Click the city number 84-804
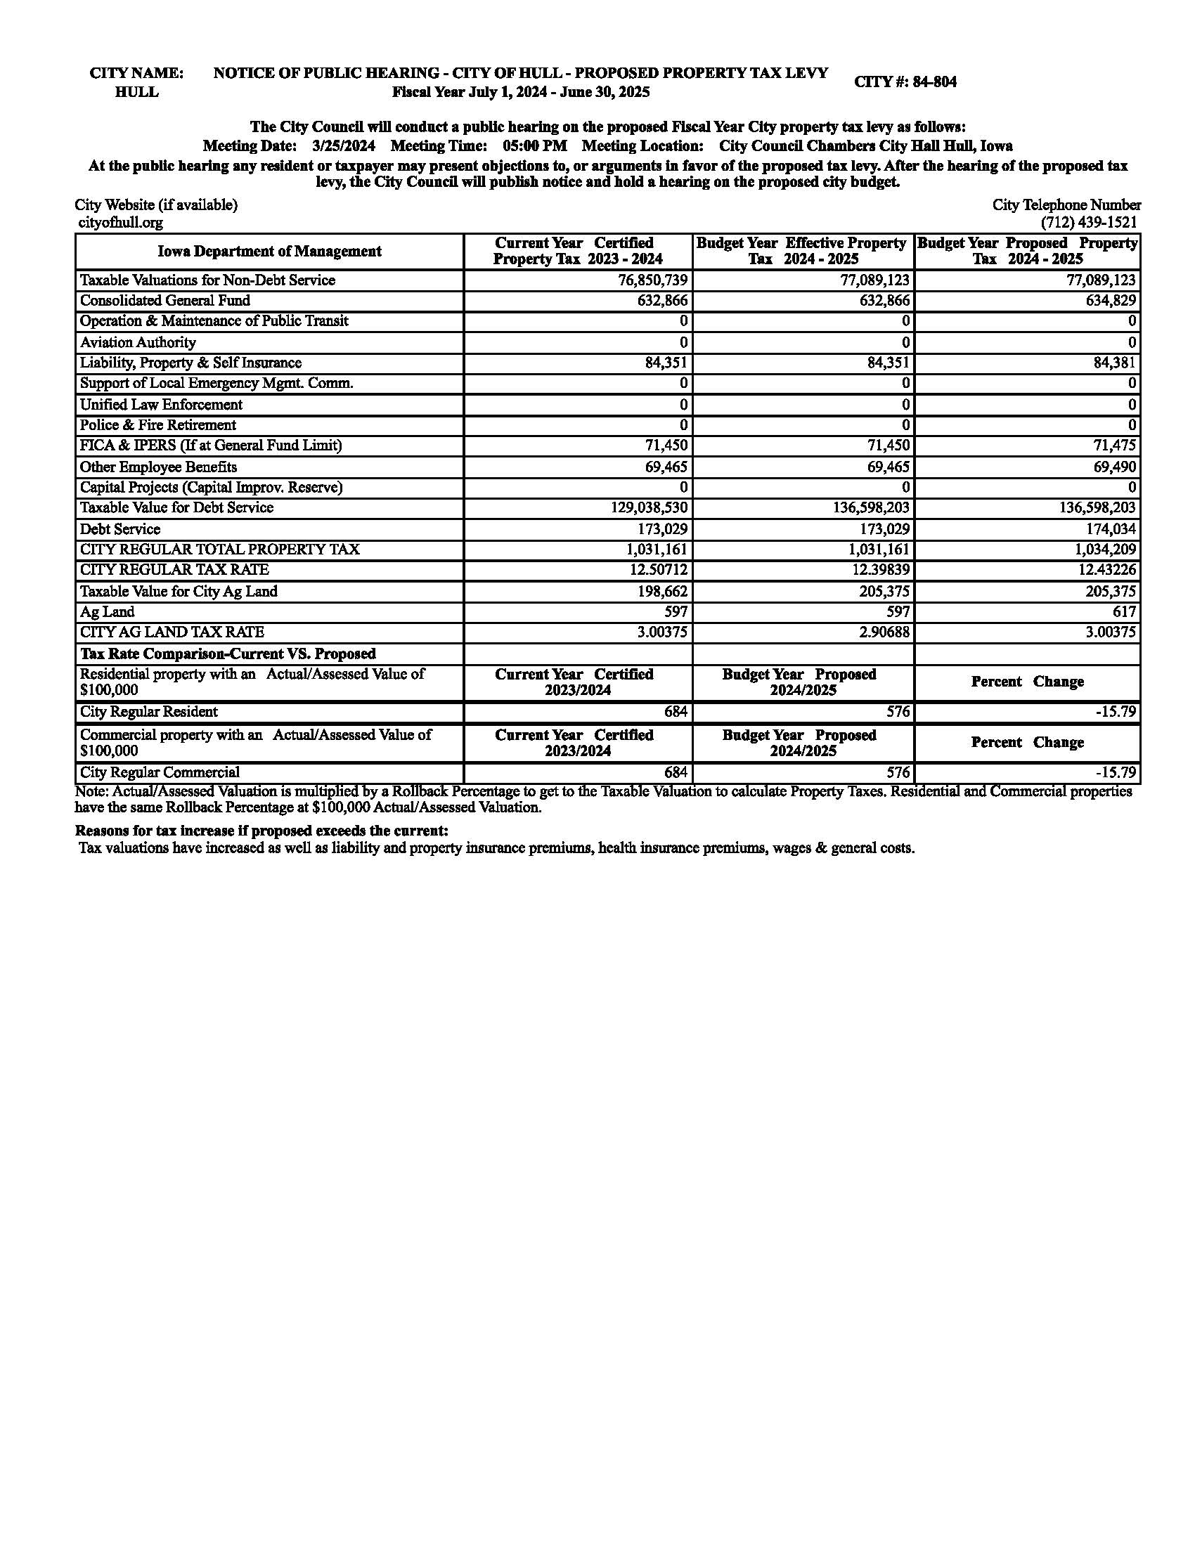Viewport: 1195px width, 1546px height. [x=934, y=82]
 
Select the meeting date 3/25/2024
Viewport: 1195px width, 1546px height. [x=343, y=147]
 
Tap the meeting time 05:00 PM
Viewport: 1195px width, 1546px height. [x=534, y=147]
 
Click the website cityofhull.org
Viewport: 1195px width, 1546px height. [x=120, y=223]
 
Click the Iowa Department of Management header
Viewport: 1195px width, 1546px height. [x=269, y=252]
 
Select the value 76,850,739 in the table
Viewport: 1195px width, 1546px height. [x=653, y=280]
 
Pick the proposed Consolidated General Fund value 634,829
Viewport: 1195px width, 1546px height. [x=1111, y=301]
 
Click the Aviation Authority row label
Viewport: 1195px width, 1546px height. [x=138, y=343]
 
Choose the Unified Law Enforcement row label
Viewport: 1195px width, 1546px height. [x=161, y=405]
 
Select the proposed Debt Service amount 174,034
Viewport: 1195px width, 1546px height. [x=1111, y=529]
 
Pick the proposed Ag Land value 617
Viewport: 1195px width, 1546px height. [x=1123, y=612]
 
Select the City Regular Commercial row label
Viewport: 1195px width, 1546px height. [x=160, y=773]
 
